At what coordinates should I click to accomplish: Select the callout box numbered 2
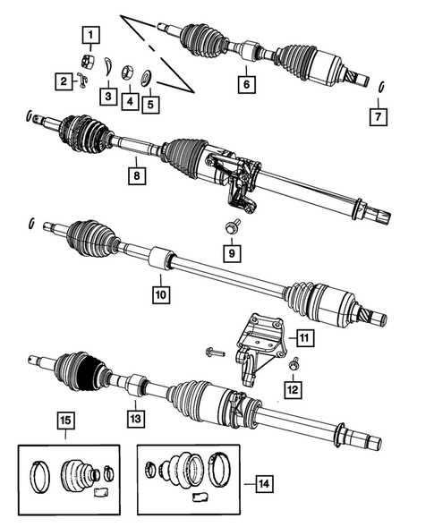click(x=64, y=82)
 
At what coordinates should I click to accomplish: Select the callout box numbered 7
click(x=381, y=115)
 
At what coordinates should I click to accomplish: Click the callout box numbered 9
click(x=232, y=254)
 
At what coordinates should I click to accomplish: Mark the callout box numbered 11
click(x=304, y=337)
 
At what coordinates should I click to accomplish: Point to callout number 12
click(x=293, y=388)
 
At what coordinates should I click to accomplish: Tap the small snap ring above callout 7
click(x=381, y=87)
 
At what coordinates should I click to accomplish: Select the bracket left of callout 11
click(x=258, y=344)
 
